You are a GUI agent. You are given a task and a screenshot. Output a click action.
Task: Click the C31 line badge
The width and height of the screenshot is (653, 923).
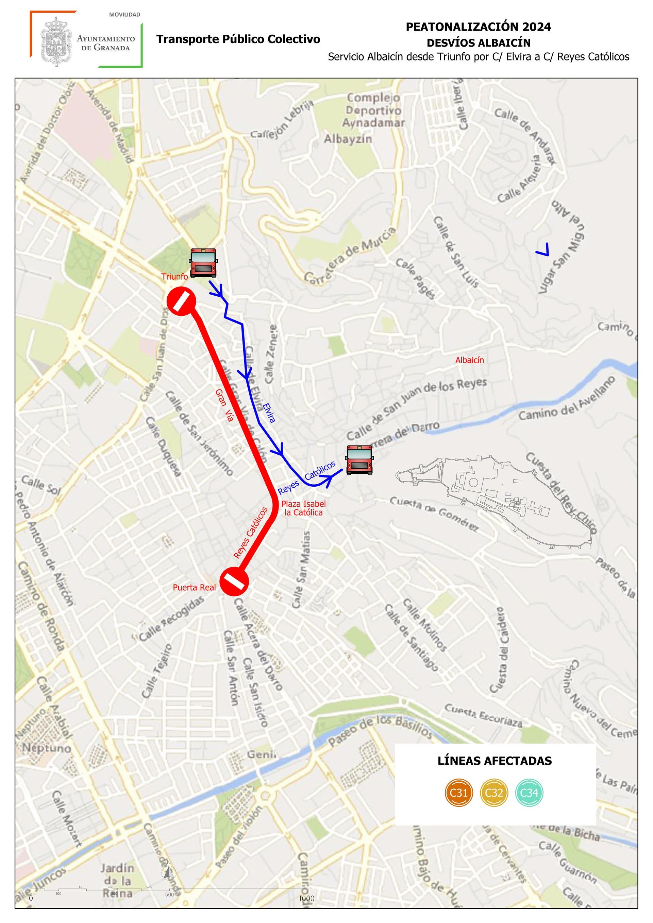459,793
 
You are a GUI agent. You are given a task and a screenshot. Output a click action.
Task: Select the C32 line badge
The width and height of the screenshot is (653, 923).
494,793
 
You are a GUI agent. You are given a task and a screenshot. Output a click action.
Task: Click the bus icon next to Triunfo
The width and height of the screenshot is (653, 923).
203,263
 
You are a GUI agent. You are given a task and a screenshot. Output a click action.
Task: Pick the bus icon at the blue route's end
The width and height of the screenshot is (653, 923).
359,459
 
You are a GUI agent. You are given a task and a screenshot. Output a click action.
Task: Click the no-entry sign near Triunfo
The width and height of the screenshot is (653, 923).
181,301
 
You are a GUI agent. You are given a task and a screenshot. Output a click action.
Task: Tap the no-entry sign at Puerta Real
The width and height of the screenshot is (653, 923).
235,581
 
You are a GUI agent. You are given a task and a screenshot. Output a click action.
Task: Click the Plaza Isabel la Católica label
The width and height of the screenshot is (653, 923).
303,508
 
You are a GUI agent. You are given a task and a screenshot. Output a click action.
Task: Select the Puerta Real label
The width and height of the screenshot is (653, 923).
194,587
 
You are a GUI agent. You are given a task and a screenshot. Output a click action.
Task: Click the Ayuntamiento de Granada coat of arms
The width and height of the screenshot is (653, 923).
56,40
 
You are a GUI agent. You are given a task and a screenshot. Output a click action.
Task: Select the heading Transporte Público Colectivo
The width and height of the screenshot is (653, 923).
238,39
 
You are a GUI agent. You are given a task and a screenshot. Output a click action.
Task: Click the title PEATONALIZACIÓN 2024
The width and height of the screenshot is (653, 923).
479,27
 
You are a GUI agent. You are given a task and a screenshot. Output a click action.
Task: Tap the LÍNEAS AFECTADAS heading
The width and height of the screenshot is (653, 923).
495,761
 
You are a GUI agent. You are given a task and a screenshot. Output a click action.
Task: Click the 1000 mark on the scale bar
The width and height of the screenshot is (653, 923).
306,898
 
